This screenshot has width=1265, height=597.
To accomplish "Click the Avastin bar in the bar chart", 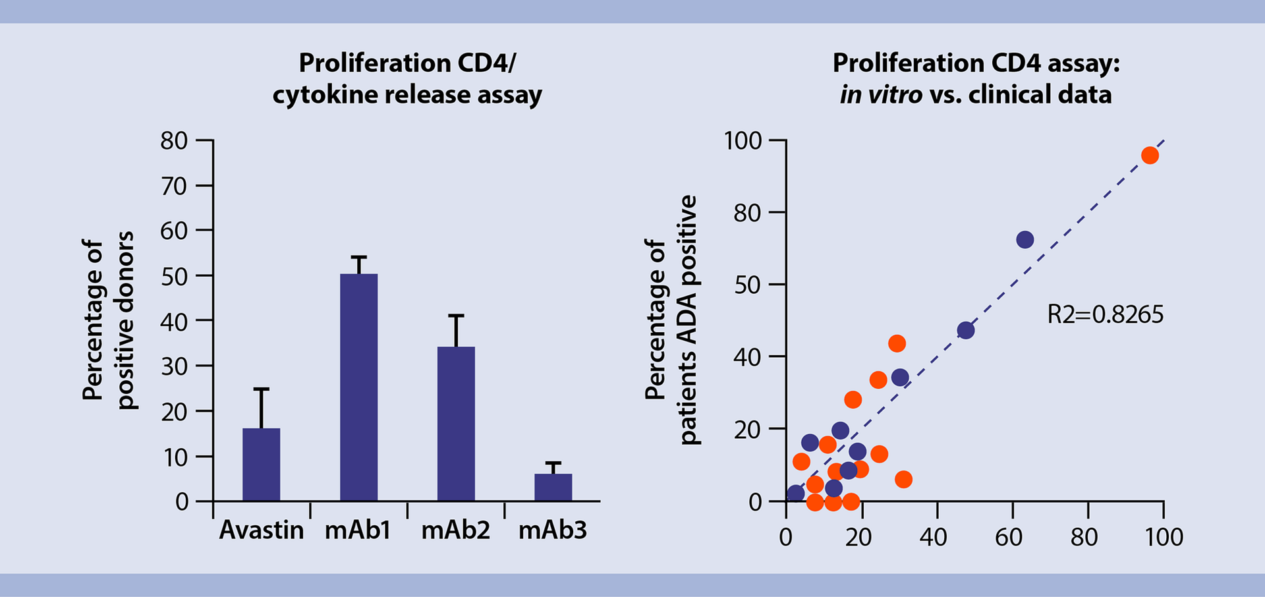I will click(261, 465).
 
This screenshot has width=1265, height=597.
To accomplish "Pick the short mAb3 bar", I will click(553, 487).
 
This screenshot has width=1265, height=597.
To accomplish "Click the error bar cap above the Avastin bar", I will click(261, 389).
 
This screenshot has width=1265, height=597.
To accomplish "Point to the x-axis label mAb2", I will click(456, 530).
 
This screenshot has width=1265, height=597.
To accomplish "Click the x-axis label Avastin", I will click(261, 530).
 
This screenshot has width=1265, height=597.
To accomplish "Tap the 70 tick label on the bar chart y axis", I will click(174, 186).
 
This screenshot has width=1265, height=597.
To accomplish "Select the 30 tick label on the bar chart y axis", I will click(174, 366).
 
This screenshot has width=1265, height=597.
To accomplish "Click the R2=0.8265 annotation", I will click(1105, 314).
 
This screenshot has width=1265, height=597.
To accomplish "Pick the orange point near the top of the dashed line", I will click(1150, 156).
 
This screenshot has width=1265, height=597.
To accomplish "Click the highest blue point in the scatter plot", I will click(1025, 240).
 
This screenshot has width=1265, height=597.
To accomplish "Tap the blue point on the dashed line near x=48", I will click(965, 330).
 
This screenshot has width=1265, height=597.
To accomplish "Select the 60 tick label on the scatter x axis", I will click(1009, 537).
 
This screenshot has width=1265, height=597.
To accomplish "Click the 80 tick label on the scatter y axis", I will click(747, 213).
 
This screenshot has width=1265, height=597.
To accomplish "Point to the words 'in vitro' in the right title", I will click(880, 95).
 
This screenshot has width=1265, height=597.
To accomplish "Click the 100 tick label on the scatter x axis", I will click(1163, 537).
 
